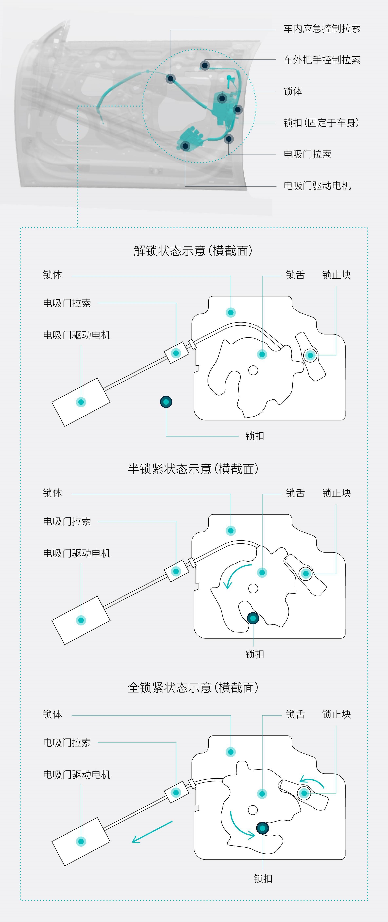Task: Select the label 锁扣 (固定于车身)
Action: click(321, 123)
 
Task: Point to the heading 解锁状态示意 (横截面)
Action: click(193, 251)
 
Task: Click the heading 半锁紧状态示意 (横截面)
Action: click(193, 469)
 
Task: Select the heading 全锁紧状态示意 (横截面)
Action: click(193, 688)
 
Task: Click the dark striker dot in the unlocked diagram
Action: click(166, 402)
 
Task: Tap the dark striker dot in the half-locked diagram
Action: click(253, 618)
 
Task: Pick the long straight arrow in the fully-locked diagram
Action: click(152, 832)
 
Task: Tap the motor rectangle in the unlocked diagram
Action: click(81, 402)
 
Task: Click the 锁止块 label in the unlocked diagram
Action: click(336, 275)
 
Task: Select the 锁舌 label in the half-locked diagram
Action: click(295, 493)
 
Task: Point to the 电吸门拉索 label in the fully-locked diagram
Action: click(67, 743)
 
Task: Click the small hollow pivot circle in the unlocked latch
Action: click(253, 370)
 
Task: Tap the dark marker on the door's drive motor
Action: click(185, 146)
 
